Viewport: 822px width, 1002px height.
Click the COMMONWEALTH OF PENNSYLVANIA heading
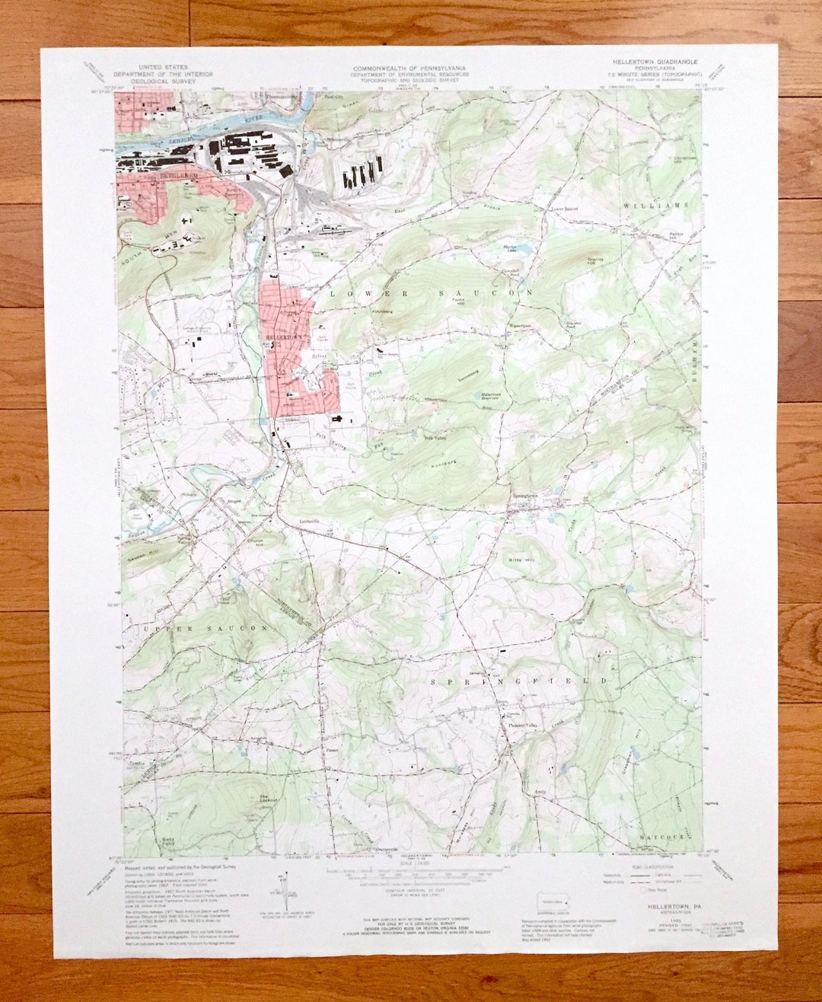point(410,69)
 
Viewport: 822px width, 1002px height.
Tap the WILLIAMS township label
point(655,206)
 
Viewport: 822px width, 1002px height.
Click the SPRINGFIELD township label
point(520,681)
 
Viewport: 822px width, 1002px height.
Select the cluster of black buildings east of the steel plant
point(362,174)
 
